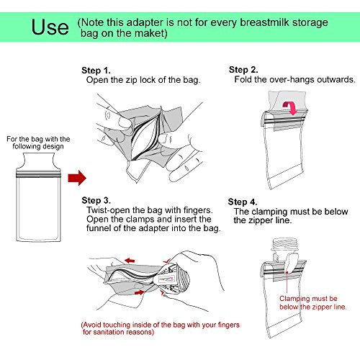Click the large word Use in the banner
click(x=50, y=27)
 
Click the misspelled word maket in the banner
click(x=150, y=33)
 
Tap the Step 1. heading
click(x=96, y=71)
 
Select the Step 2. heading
click(x=243, y=70)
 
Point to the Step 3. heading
click(x=96, y=200)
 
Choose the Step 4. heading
click(x=243, y=202)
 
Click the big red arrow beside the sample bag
click(x=77, y=178)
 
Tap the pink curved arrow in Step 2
click(x=290, y=107)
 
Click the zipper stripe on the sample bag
click(x=38, y=174)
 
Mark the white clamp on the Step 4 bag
click(x=290, y=264)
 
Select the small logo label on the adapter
click(x=166, y=279)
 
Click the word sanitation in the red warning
click(x=109, y=332)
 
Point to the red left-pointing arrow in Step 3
click(x=130, y=261)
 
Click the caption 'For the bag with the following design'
click(x=38, y=143)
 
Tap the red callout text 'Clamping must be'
click(x=308, y=299)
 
